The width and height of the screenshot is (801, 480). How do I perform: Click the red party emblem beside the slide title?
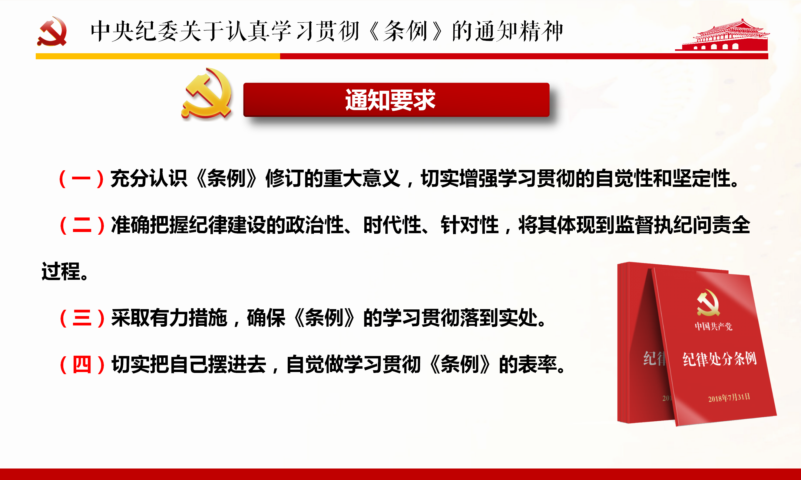[52, 31]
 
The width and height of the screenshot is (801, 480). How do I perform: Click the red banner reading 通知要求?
[396, 100]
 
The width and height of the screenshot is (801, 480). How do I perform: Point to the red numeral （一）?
[81, 178]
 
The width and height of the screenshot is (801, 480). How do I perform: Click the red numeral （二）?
[82, 225]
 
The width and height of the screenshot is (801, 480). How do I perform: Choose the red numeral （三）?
[82, 318]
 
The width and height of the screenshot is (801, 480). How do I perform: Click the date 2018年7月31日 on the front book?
[729, 397]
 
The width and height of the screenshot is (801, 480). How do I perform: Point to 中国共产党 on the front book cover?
[713, 326]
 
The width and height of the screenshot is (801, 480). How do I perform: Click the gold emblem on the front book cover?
[708, 303]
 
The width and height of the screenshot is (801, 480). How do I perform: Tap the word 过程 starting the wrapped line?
[61, 271]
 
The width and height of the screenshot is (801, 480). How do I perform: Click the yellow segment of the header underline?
[158, 56]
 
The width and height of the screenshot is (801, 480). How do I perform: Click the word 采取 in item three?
[131, 318]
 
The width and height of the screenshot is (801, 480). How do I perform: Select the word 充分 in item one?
[130, 178]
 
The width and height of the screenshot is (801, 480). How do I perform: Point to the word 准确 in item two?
[131, 225]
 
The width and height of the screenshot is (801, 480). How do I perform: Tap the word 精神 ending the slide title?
[541, 31]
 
